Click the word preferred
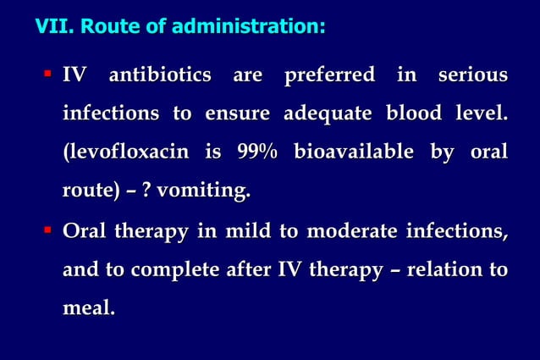point(328,75)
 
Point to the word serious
point(472,75)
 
